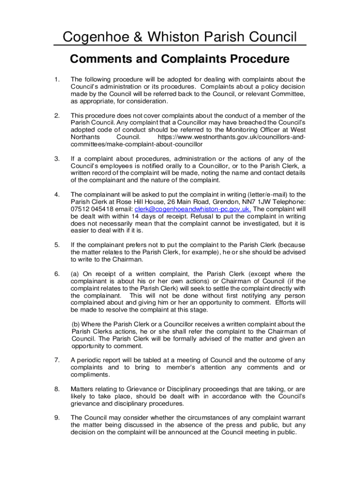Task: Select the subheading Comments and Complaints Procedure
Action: click(180, 59)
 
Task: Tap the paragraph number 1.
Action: click(57, 79)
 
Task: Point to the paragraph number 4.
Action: click(57, 195)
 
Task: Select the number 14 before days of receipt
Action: click(133, 217)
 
